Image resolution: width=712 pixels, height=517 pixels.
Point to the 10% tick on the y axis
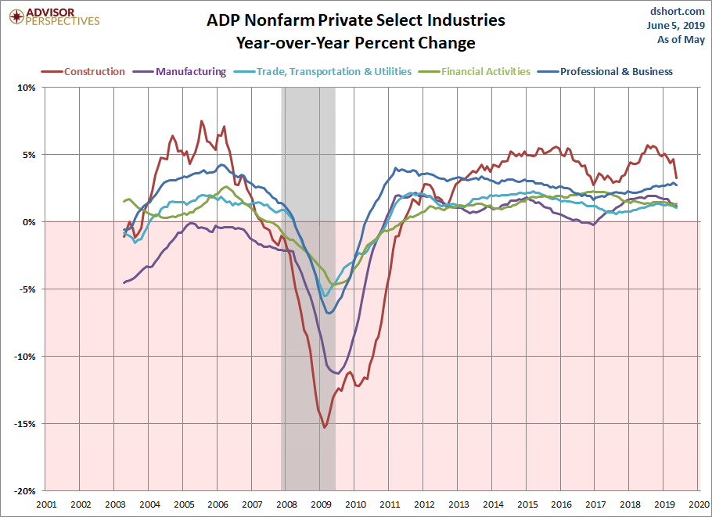click(x=27, y=88)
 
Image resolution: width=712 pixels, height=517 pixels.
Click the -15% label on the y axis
click(x=25, y=424)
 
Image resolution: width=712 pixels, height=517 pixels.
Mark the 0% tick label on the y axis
click(x=28, y=222)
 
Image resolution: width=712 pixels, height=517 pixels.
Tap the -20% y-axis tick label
click(x=25, y=491)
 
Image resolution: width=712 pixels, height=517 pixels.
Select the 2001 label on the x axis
click(x=46, y=504)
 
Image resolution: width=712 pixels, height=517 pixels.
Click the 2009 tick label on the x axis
click(x=321, y=504)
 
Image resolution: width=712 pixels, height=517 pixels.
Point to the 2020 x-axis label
click(x=699, y=504)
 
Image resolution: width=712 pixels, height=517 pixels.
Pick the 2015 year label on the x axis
click(x=527, y=504)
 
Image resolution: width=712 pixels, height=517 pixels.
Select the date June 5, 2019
click(x=676, y=26)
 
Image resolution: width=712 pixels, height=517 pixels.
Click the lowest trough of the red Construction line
click(x=324, y=427)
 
